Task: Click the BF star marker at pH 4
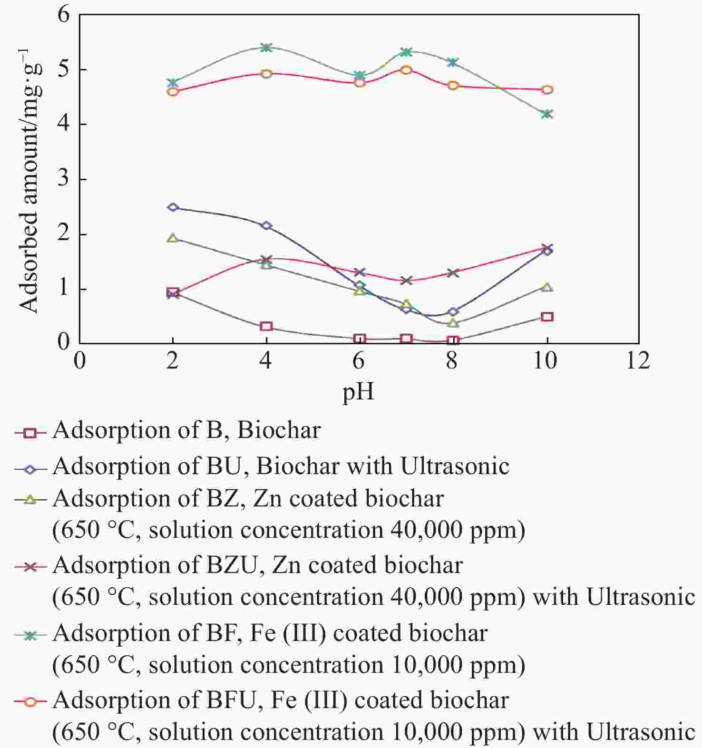[266, 48]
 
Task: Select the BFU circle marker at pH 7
[406, 69]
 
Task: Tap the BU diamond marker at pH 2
[173, 207]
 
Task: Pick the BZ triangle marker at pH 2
[173, 238]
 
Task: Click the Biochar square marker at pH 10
[547, 317]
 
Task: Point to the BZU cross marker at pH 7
[406, 281]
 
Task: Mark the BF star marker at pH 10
[547, 114]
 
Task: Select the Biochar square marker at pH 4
[266, 326]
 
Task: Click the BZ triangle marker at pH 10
[547, 287]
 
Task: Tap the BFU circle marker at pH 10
[547, 90]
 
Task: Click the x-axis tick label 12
[638, 361]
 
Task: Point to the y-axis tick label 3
[63, 179]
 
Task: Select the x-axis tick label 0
[79, 361]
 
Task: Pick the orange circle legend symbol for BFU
[30, 701]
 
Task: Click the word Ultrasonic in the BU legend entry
[455, 466]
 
